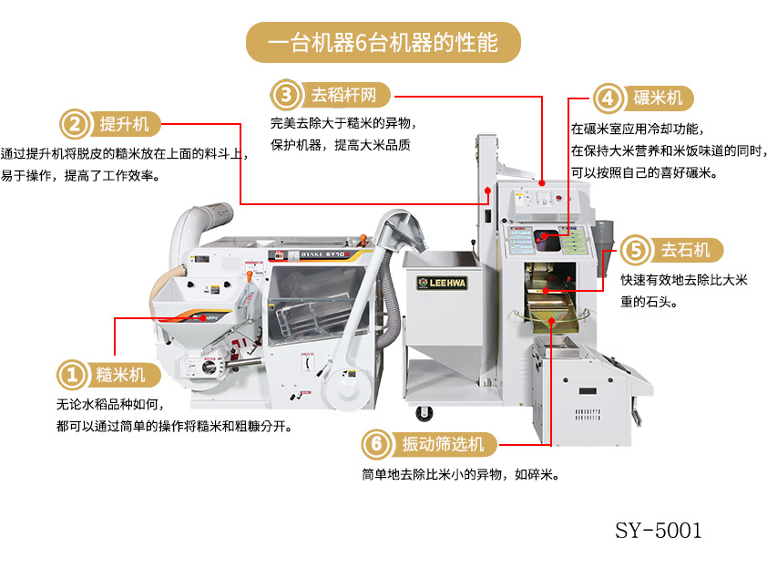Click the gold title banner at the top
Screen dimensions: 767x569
click(x=383, y=42)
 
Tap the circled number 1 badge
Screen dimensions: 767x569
click(x=72, y=375)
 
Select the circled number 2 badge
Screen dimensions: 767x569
click(x=75, y=124)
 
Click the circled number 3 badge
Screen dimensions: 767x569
click(x=286, y=95)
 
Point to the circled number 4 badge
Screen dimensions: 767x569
click(x=608, y=98)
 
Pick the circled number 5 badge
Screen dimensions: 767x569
click(x=636, y=250)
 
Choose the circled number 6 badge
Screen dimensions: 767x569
click(x=376, y=444)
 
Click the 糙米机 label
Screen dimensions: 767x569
click(x=121, y=375)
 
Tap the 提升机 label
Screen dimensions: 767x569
click(x=124, y=124)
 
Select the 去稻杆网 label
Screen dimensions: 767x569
click(x=344, y=95)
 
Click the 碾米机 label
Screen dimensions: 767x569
click(x=658, y=98)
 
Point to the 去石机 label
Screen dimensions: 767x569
click(x=686, y=250)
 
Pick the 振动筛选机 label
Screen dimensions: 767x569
click(x=444, y=444)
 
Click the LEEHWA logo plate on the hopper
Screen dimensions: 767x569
click(x=442, y=283)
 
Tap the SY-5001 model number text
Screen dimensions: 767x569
click(x=659, y=531)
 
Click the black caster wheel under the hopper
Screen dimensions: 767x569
click(x=424, y=413)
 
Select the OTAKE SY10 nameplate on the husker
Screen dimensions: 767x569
click(x=324, y=254)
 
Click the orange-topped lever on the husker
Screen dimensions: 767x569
click(x=363, y=241)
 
